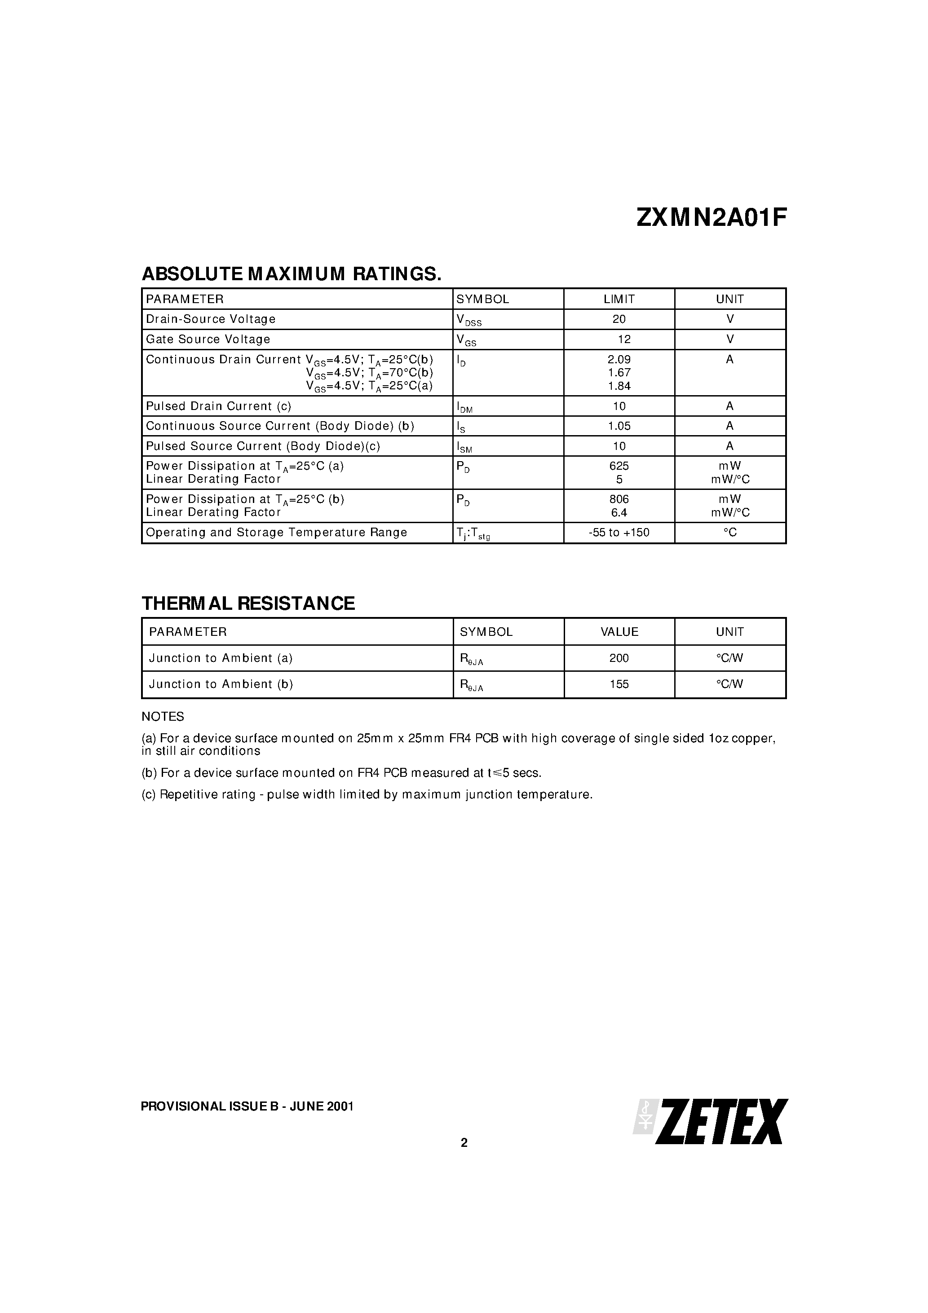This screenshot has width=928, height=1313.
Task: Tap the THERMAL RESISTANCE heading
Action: click(248, 604)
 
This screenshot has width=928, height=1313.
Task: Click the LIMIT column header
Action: click(619, 299)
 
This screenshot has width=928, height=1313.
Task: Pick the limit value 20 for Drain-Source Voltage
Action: click(619, 319)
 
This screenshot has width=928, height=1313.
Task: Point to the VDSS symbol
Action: click(468, 320)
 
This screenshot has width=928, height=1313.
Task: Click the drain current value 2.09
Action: click(619, 360)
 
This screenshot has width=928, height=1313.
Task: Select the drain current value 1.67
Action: click(619, 373)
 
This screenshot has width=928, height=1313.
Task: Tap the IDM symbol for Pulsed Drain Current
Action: click(464, 407)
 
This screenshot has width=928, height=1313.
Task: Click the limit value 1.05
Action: click(619, 426)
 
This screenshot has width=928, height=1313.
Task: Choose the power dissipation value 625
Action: click(619, 466)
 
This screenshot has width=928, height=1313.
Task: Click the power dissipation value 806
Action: click(619, 499)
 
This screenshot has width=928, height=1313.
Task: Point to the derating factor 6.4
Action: click(619, 512)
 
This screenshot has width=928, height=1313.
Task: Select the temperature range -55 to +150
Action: click(619, 533)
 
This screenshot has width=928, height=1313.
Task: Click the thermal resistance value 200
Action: click(619, 658)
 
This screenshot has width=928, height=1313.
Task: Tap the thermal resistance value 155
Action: click(619, 684)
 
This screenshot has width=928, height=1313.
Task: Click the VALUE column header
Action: click(619, 632)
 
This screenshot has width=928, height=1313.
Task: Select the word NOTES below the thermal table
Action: click(163, 717)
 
